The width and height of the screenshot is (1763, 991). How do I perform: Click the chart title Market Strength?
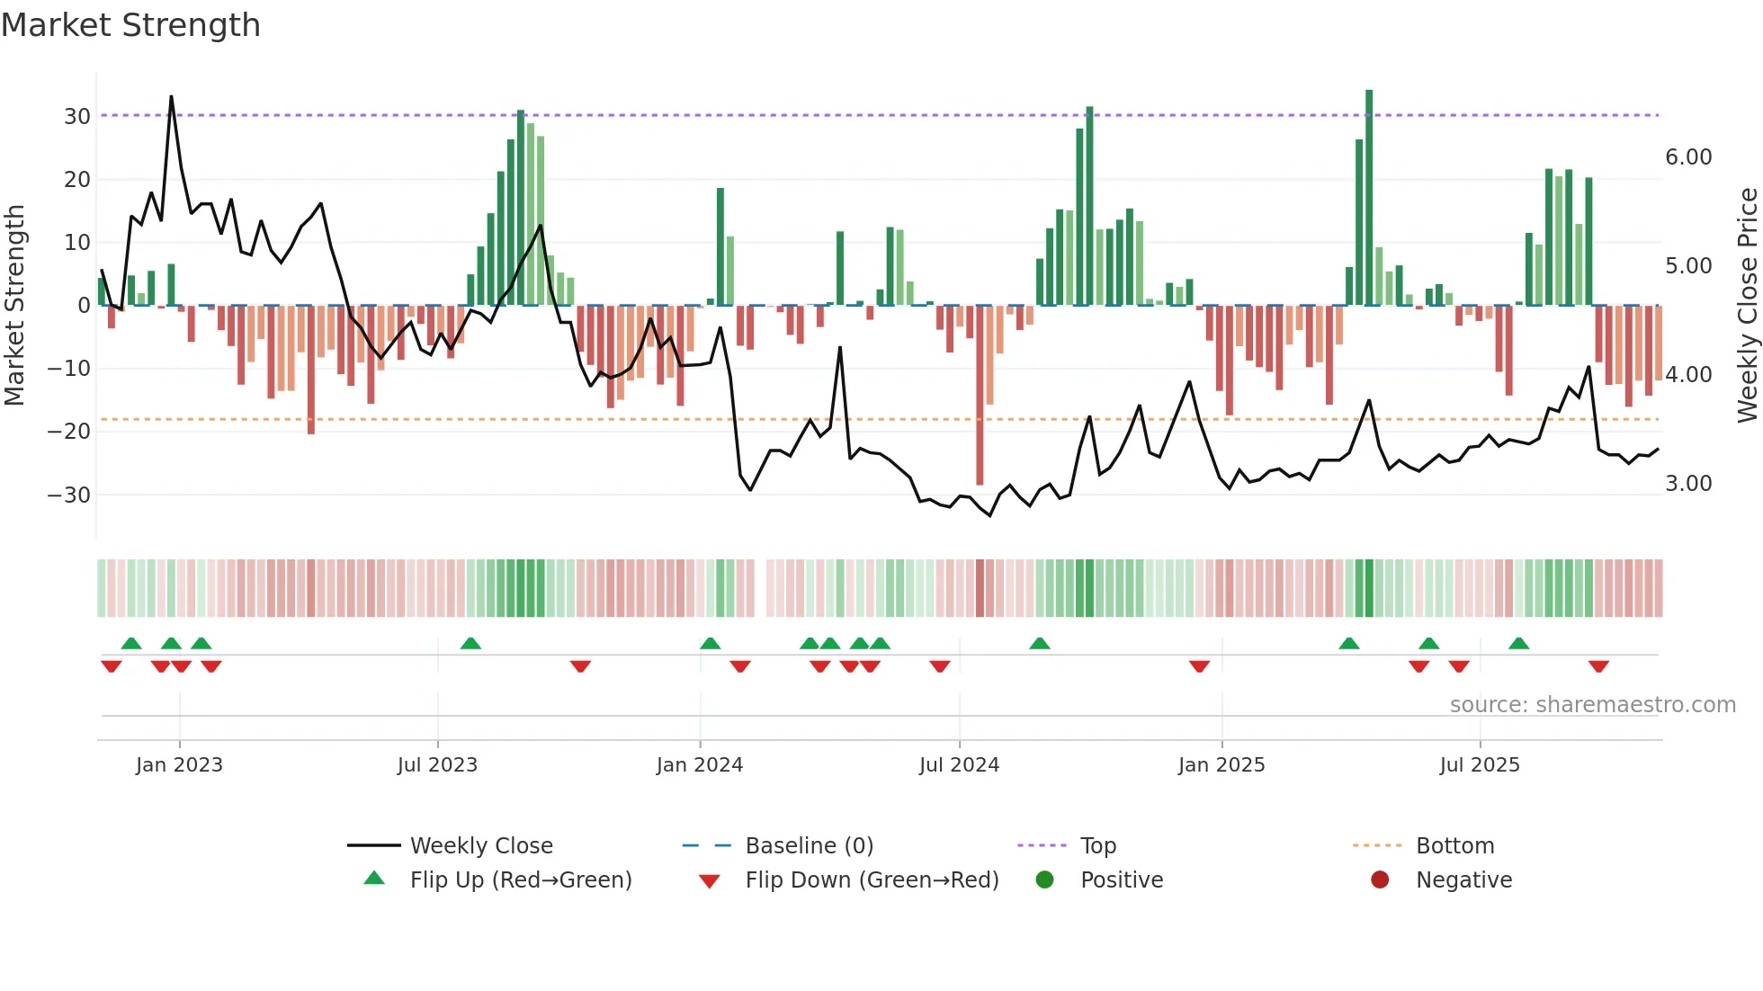(130, 25)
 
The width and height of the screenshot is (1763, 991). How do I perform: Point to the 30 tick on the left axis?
(76, 116)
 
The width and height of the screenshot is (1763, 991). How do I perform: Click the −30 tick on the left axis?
(69, 495)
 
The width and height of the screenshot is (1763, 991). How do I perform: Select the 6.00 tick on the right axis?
(1688, 157)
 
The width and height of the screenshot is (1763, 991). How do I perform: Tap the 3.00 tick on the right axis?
(1688, 484)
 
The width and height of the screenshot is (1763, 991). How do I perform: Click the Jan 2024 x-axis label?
(699, 765)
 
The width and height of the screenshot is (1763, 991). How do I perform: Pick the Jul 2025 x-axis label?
(1479, 765)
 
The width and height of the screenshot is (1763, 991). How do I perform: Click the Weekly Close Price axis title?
(1747, 305)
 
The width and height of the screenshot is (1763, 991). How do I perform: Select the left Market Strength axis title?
(14, 305)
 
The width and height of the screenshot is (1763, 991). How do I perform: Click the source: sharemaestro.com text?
(1592, 705)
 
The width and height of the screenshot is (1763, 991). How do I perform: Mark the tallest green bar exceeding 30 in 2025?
(1369, 198)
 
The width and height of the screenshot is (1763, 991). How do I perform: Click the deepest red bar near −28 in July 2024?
(980, 396)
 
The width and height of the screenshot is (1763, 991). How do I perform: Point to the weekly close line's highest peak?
(171, 97)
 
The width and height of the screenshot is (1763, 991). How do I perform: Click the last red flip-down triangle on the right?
(1598, 666)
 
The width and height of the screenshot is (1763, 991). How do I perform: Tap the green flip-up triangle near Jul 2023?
(470, 643)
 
